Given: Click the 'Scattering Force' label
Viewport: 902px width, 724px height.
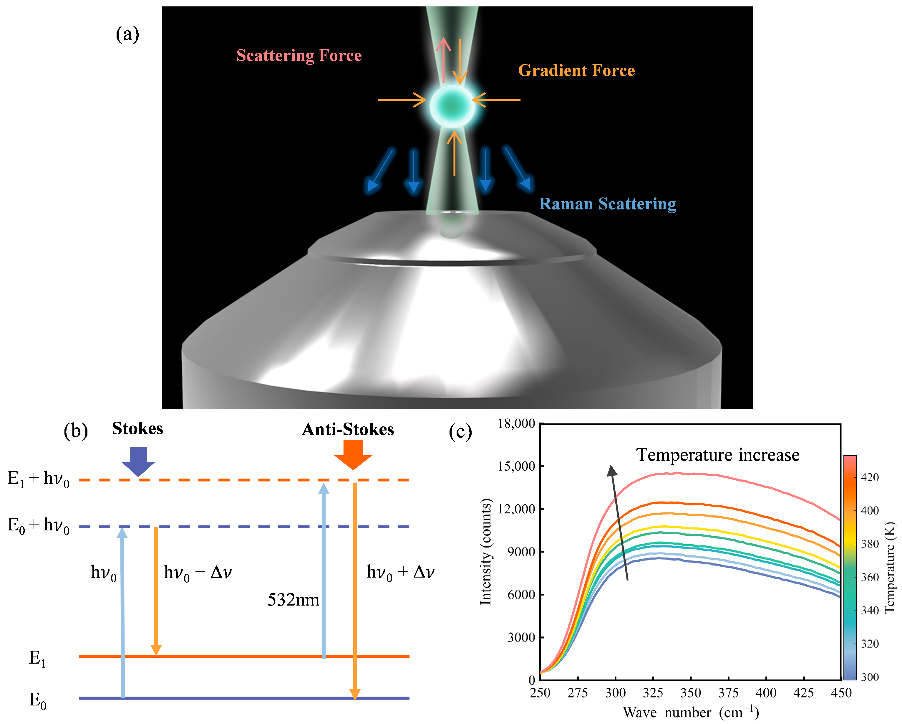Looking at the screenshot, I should (299, 55).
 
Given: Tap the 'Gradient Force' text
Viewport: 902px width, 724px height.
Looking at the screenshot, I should (576, 70).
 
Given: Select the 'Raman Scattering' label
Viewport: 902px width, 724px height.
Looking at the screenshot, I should (608, 204).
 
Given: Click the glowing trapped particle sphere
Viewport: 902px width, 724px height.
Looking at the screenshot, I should (452, 106).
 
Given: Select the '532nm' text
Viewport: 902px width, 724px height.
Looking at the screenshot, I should (293, 600).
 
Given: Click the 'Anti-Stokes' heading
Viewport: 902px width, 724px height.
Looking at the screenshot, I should (348, 429).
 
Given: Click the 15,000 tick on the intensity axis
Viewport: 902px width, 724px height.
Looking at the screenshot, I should (516, 466).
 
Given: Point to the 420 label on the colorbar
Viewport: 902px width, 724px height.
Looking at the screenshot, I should (870, 477).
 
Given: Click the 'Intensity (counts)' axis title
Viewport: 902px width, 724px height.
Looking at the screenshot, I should (485, 552).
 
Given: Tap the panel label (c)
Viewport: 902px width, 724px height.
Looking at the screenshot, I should (460, 431).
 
